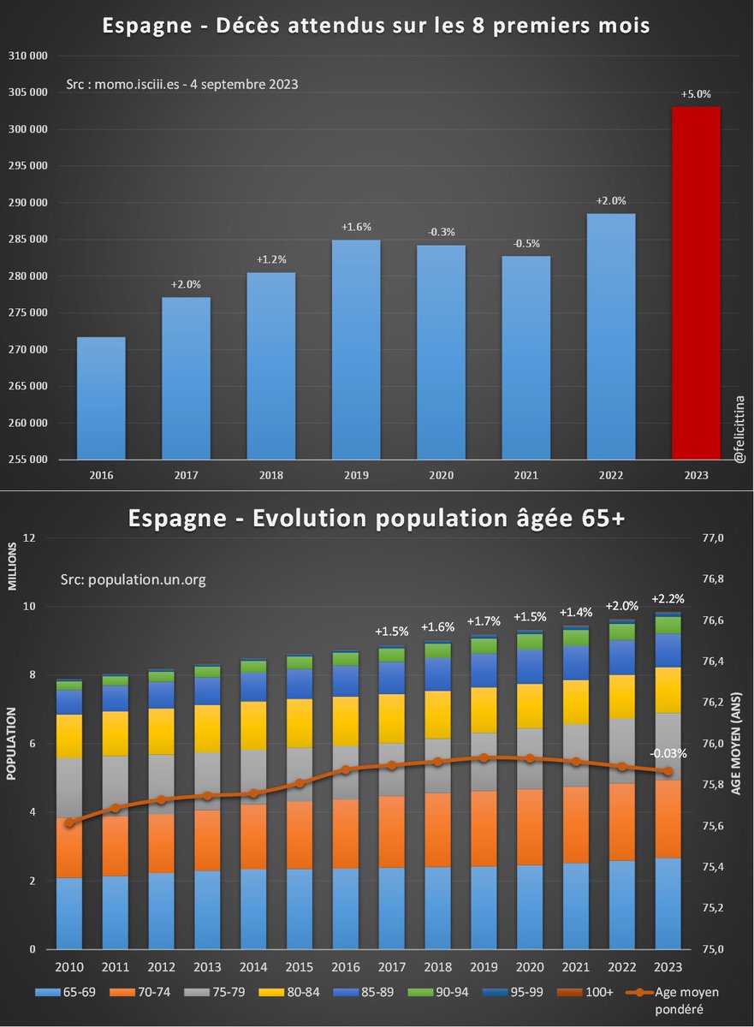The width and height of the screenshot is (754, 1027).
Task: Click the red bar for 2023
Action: (695, 282)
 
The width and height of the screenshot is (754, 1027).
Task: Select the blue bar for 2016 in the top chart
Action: (101, 398)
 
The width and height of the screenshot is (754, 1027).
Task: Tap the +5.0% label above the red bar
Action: (695, 94)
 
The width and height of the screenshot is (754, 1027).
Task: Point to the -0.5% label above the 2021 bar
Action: (526, 243)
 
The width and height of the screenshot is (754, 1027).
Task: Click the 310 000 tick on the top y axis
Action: (29, 56)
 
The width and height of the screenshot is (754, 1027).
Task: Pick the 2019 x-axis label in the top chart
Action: (356, 474)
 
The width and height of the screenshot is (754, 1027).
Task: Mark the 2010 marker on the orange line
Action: (69, 822)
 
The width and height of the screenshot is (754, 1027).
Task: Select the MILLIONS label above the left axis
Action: (13, 567)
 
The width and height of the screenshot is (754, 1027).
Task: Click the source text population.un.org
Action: (134, 579)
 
